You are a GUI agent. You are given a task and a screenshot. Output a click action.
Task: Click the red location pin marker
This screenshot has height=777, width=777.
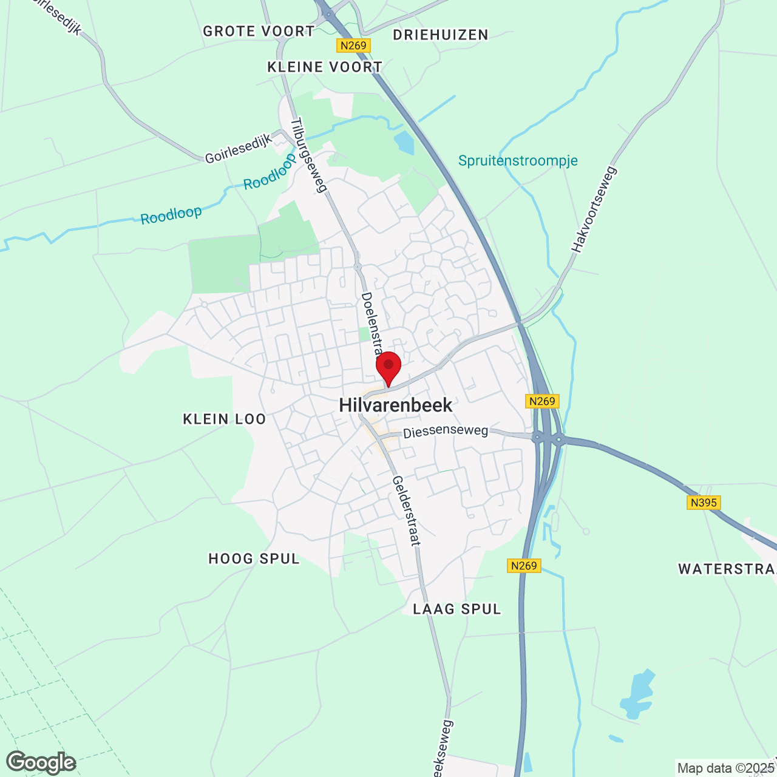click(388, 367)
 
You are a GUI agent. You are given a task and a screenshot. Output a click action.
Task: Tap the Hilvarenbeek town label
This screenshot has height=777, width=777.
click(396, 405)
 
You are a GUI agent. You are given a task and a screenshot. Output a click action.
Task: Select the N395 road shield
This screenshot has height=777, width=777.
click(704, 503)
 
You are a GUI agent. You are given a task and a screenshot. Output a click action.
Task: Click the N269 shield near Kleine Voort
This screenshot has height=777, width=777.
click(353, 46)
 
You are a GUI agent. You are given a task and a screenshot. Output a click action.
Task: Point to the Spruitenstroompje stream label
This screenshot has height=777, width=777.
click(518, 161)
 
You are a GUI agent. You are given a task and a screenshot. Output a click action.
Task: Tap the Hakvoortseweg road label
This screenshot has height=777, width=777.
click(594, 209)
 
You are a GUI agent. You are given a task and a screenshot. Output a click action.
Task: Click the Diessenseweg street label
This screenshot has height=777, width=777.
click(446, 432)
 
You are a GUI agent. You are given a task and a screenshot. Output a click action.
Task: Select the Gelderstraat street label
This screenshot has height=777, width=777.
click(406, 511)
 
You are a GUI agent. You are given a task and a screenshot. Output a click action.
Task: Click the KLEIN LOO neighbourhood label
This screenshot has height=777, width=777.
click(225, 419)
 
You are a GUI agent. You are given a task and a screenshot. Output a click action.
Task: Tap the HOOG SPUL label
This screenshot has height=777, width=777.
click(254, 558)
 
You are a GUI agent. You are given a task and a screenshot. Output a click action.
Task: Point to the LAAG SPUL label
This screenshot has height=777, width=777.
click(457, 609)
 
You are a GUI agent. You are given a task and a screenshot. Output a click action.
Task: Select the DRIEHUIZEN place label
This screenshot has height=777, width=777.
click(441, 35)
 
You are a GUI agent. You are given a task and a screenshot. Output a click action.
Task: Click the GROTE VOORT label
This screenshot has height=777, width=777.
click(259, 32)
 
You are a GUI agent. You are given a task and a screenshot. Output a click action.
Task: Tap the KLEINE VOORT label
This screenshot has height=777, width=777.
click(325, 67)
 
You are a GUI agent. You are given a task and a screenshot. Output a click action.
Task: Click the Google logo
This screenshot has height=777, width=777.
click(41, 762)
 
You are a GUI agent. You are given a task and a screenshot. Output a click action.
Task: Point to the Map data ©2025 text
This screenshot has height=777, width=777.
click(725, 768)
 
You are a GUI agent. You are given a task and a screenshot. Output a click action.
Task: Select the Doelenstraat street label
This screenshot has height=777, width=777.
click(371, 325)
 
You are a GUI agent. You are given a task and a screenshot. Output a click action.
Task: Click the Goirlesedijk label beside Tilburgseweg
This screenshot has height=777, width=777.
click(239, 149)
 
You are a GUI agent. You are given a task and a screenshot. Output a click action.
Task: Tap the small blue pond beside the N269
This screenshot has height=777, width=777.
click(404, 143)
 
